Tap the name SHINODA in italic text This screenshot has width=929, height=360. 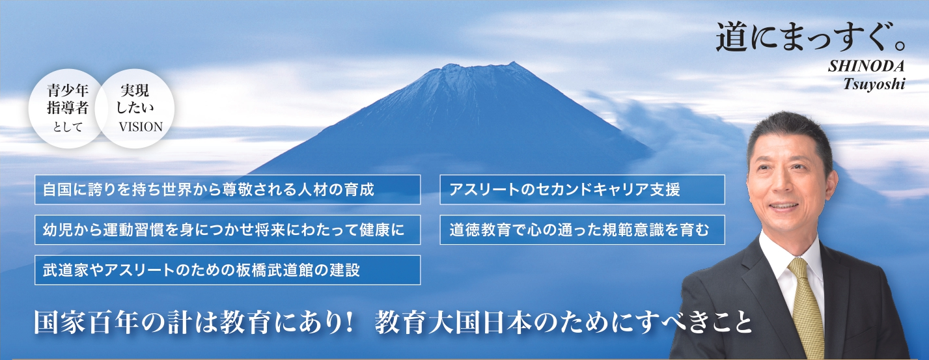coord(866,66)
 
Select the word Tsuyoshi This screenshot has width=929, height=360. coord(874,85)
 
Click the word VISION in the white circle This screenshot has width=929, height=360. coord(141,126)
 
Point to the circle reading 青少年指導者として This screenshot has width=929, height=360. coord(66,109)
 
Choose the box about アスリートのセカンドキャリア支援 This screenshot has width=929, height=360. coord(582,189)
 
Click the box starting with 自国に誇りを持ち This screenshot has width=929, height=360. coord(227,189)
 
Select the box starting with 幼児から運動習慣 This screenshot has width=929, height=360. coord(227,230)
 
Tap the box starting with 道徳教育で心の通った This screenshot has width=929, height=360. coord(582,230)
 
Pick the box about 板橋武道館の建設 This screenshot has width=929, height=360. coord(227,270)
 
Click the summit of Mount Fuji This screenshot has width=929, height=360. coord(514,63)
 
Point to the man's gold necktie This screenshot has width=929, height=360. coord(806,307)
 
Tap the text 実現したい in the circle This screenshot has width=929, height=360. coord(135,99)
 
